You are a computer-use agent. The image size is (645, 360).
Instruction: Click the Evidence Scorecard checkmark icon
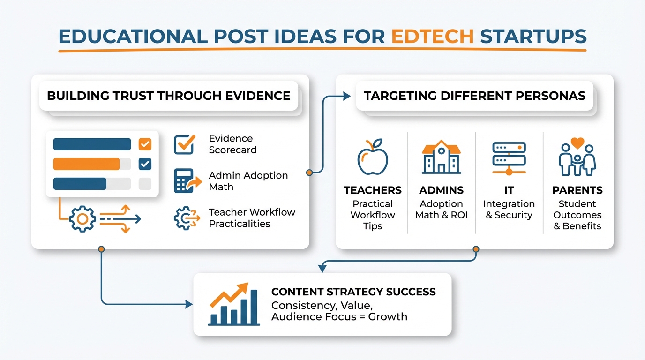tap(184, 144)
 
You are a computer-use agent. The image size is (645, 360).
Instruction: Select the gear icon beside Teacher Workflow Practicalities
tap(184, 218)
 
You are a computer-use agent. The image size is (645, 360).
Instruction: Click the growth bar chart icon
tap(233, 304)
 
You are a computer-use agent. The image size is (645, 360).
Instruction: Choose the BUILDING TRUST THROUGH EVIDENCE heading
tap(169, 96)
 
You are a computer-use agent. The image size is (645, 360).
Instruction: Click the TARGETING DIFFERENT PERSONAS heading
tap(474, 96)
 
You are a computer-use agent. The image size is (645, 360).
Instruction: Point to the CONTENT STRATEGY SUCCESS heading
tap(353, 292)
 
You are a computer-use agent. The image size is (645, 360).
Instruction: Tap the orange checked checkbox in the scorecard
tap(145, 144)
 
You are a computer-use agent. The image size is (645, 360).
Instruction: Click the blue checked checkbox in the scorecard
tap(145, 164)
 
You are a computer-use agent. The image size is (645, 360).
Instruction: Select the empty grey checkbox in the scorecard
tap(145, 184)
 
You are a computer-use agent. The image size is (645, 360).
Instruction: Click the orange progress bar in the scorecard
tap(87, 164)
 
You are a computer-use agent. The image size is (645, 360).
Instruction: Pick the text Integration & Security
tap(509, 210)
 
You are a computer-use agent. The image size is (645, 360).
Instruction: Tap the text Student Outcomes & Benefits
tap(577, 215)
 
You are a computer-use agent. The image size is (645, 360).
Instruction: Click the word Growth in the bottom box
tap(388, 316)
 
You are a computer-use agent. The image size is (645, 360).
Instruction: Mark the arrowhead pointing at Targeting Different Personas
tap(347, 96)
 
